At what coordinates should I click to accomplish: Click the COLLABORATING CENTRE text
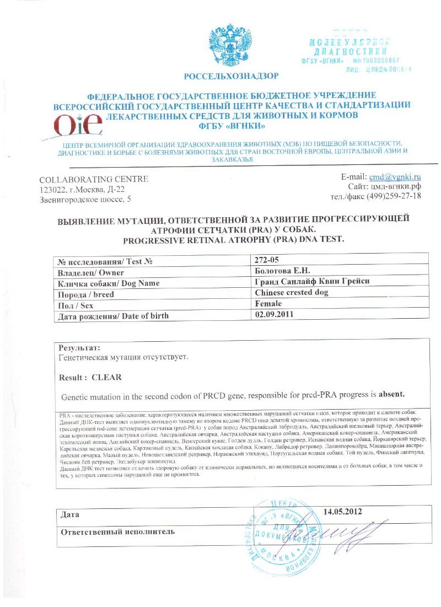click(x=94, y=179)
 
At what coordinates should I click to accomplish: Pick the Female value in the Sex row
click(x=268, y=304)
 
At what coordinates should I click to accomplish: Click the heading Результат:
click(x=80, y=348)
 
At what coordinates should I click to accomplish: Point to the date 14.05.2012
click(x=342, y=511)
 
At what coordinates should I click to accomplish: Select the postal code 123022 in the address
click(x=54, y=189)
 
